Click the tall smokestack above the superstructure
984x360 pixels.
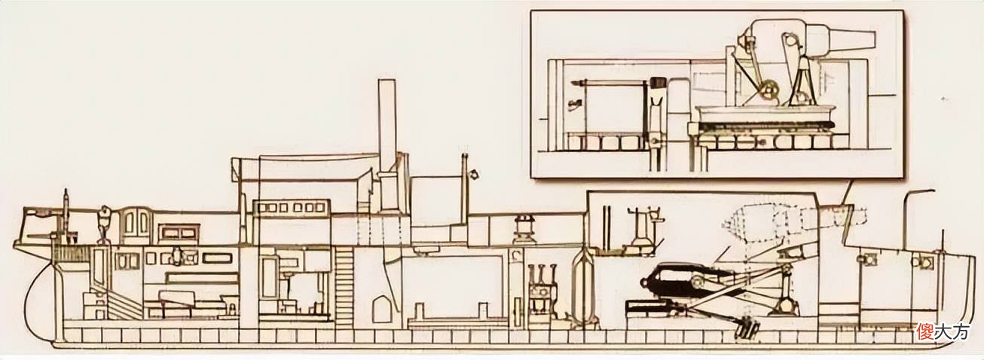click(x=387, y=127)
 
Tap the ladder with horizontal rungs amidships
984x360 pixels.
click(x=344, y=285)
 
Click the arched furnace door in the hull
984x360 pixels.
click(x=380, y=310)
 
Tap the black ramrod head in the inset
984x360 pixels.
click(x=657, y=83)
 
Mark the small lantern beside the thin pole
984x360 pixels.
click(x=474, y=174)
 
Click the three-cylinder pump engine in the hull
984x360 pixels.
click(x=541, y=290)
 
